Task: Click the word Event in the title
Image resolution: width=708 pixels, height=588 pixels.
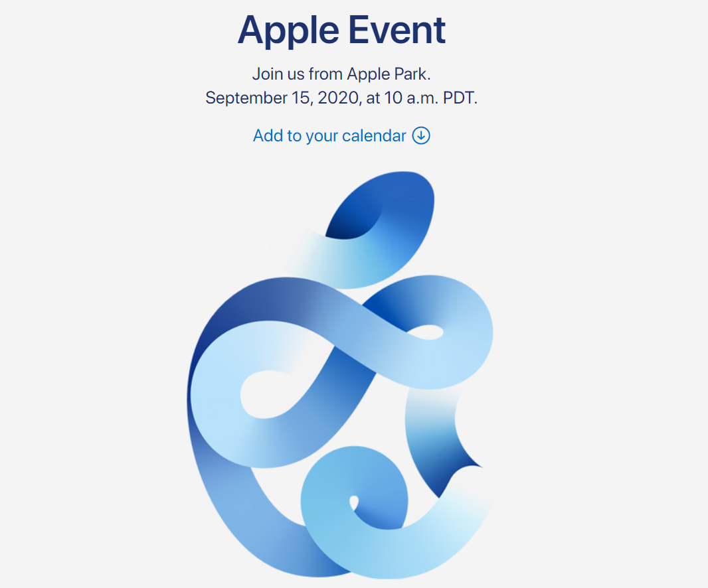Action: (x=397, y=30)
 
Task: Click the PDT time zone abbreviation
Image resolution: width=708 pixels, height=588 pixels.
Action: (x=459, y=98)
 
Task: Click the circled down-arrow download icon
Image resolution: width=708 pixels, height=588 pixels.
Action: (x=421, y=135)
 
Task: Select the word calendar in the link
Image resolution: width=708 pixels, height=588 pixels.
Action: (x=375, y=136)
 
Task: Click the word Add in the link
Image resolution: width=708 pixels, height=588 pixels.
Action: (x=268, y=136)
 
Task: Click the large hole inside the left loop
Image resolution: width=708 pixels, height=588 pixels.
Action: (x=271, y=395)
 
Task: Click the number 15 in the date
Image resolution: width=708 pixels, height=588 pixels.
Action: (x=300, y=98)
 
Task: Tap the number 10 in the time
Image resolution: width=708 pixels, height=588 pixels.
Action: (x=393, y=98)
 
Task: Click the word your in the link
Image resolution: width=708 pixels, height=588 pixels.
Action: (x=321, y=137)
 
